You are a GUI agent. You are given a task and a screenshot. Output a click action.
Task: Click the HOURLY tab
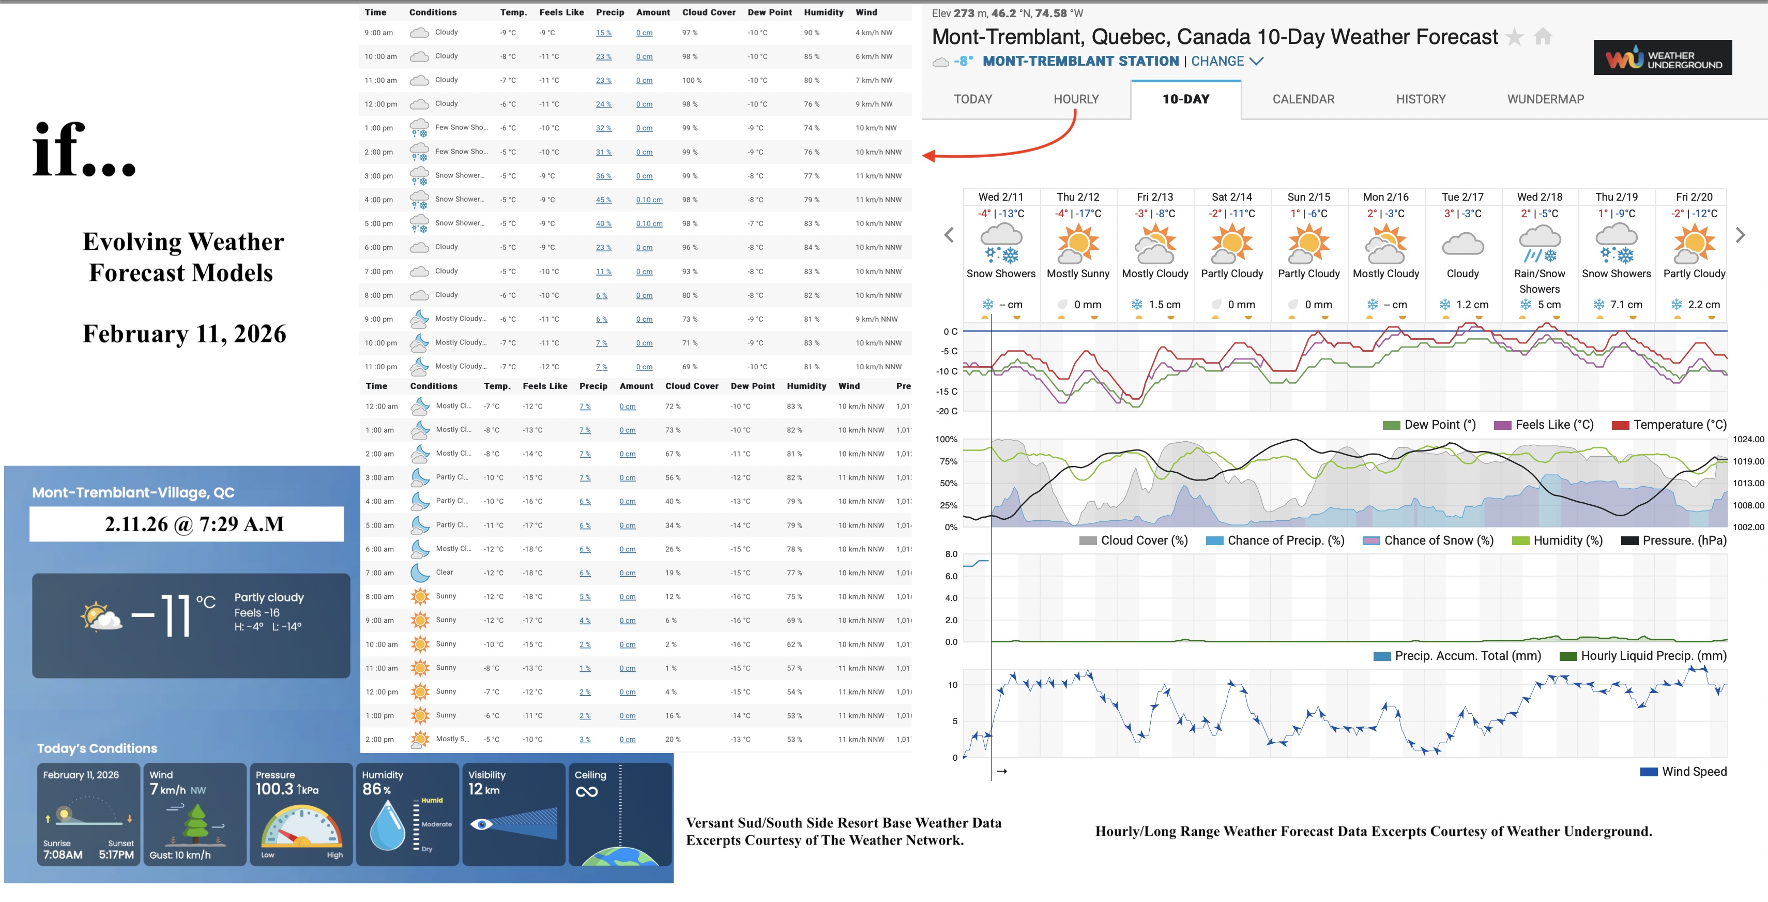click(x=1075, y=99)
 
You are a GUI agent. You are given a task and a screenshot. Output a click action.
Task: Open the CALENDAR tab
click(x=1303, y=99)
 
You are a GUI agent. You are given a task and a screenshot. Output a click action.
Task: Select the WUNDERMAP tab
click(x=1545, y=99)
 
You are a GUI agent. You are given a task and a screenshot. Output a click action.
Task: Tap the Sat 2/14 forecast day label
click(x=1231, y=197)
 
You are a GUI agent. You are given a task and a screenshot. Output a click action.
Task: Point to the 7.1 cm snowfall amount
click(x=1625, y=305)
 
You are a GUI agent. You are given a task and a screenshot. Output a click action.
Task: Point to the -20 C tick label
click(x=947, y=411)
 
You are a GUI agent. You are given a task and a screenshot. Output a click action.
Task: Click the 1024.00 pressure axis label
click(x=1747, y=439)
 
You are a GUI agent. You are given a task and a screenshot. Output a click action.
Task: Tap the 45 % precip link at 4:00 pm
click(x=603, y=200)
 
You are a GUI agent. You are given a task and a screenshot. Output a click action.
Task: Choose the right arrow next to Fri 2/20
click(x=1740, y=235)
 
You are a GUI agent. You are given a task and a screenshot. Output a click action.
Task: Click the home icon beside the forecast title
click(x=1543, y=36)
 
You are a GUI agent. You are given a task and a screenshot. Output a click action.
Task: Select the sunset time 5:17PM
click(x=116, y=854)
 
